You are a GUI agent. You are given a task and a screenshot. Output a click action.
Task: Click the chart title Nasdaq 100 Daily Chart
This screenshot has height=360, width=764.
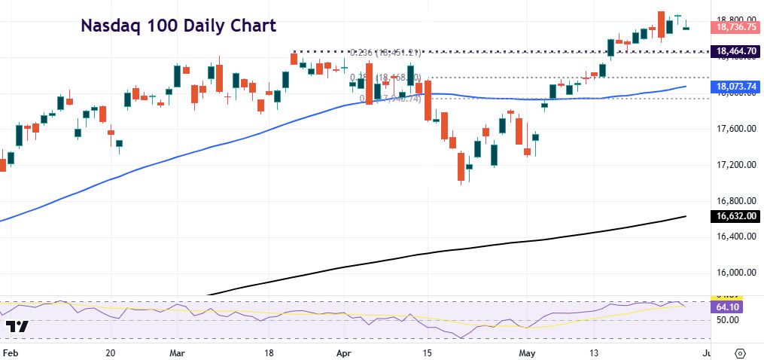178,26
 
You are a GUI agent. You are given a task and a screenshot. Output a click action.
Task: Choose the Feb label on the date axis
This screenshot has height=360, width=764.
10,352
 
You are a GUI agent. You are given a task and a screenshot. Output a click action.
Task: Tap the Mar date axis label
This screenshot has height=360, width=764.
178,352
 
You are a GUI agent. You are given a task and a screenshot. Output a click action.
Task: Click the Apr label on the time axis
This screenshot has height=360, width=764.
344,352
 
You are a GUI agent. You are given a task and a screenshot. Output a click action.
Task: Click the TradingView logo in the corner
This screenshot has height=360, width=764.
17,328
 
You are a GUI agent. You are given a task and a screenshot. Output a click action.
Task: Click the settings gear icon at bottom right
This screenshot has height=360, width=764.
740,352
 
